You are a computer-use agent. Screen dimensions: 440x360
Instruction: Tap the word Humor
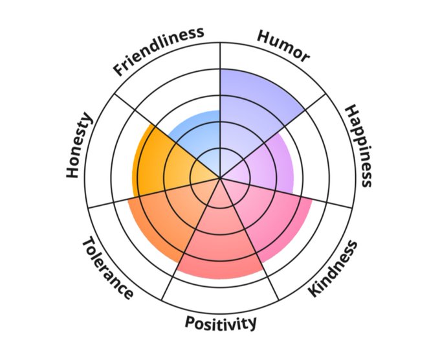283,46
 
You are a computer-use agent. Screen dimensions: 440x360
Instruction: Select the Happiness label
358,145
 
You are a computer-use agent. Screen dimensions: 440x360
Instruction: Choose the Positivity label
221,322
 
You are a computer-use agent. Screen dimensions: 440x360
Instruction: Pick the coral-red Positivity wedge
220,246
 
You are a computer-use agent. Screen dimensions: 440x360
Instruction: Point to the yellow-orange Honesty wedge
162,162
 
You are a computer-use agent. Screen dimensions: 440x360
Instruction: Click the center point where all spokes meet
221,177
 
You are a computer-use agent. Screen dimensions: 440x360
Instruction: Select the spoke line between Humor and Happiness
285,123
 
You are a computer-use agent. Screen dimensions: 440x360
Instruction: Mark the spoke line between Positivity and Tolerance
188,246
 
